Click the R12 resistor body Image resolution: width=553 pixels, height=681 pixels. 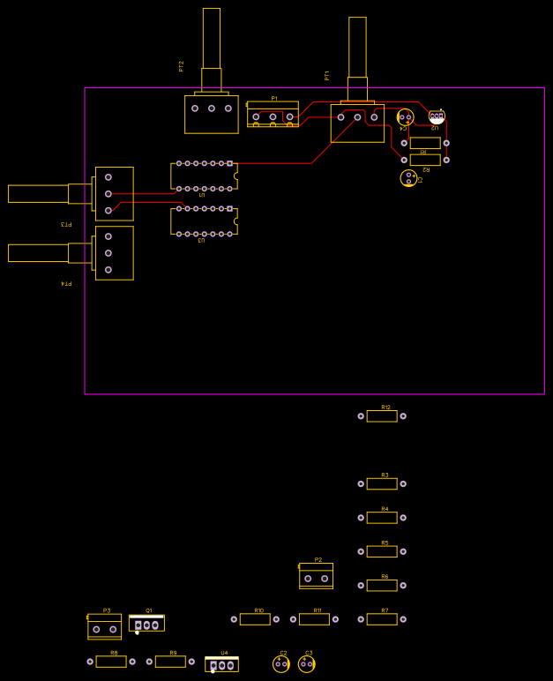pyautogui.click(x=382, y=416)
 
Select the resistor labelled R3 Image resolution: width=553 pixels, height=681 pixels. pyautogui.click(x=382, y=484)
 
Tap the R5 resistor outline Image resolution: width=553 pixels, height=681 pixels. pyautogui.click(x=382, y=552)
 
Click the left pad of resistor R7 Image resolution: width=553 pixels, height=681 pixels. pyautogui.click(x=361, y=619)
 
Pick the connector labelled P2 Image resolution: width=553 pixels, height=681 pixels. pyautogui.click(x=316, y=577)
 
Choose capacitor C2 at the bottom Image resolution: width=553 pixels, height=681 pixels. pyautogui.click(x=281, y=664)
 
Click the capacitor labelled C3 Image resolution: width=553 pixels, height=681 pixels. pyautogui.click(x=306, y=664)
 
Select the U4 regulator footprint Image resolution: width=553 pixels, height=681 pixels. pyautogui.click(x=221, y=664)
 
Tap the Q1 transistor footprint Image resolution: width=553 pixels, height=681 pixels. pyautogui.click(x=146, y=624)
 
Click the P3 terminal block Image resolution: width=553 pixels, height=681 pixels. pyautogui.click(x=104, y=626)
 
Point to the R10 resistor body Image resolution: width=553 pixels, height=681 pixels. pyautogui.click(x=255, y=619)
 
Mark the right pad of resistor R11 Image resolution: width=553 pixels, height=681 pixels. pyautogui.click(x=336, y=619)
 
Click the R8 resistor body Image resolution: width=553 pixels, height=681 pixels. pyautogui.click(x=111, y=662)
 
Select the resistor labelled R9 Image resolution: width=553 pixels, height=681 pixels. pyautogui.click(x=170, y=662)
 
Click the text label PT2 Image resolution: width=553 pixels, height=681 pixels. pyautogui.click(x=181, y=66)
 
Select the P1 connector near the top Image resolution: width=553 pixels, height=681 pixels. pyautogui.click(x=273, y=114)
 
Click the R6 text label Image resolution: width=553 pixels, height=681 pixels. pyautogui.click(x=385, y=576)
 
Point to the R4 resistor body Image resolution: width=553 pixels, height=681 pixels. pyautogui.click(x=382, y=518)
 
